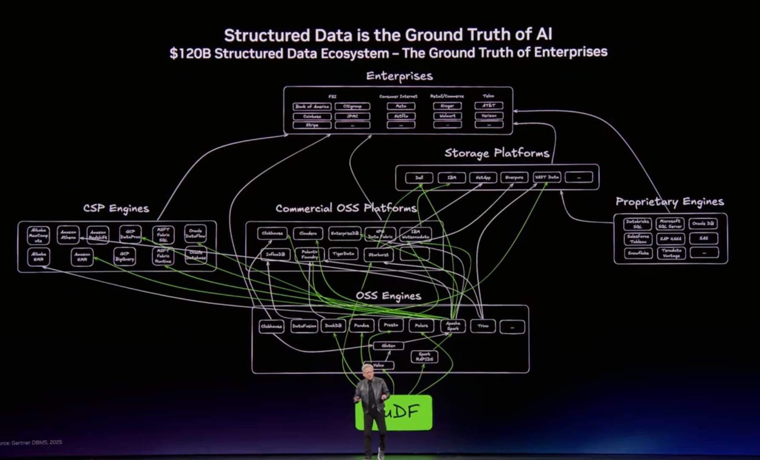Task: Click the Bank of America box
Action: [312, 107]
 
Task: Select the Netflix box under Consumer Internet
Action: [401, 116]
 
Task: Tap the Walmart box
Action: [447, 116]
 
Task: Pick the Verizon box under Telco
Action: [489, 115]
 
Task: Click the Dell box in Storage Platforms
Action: [419, 178]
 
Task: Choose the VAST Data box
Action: [547, 177]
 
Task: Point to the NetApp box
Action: [483, 178]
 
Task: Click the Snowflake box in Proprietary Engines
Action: [638, 253]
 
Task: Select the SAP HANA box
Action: [671, 238]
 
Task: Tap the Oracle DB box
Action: [703, 224]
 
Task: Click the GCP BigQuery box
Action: [125, 256]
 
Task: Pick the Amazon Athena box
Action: [68, 235]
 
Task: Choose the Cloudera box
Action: [308, 233]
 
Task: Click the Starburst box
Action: [378, 254]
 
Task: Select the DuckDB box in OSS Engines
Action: [333, 326]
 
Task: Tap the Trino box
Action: [483, 326]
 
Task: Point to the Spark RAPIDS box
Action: [424, 357]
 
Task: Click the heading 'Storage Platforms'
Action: [497, 153]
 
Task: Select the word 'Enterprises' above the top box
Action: [399, 76]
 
